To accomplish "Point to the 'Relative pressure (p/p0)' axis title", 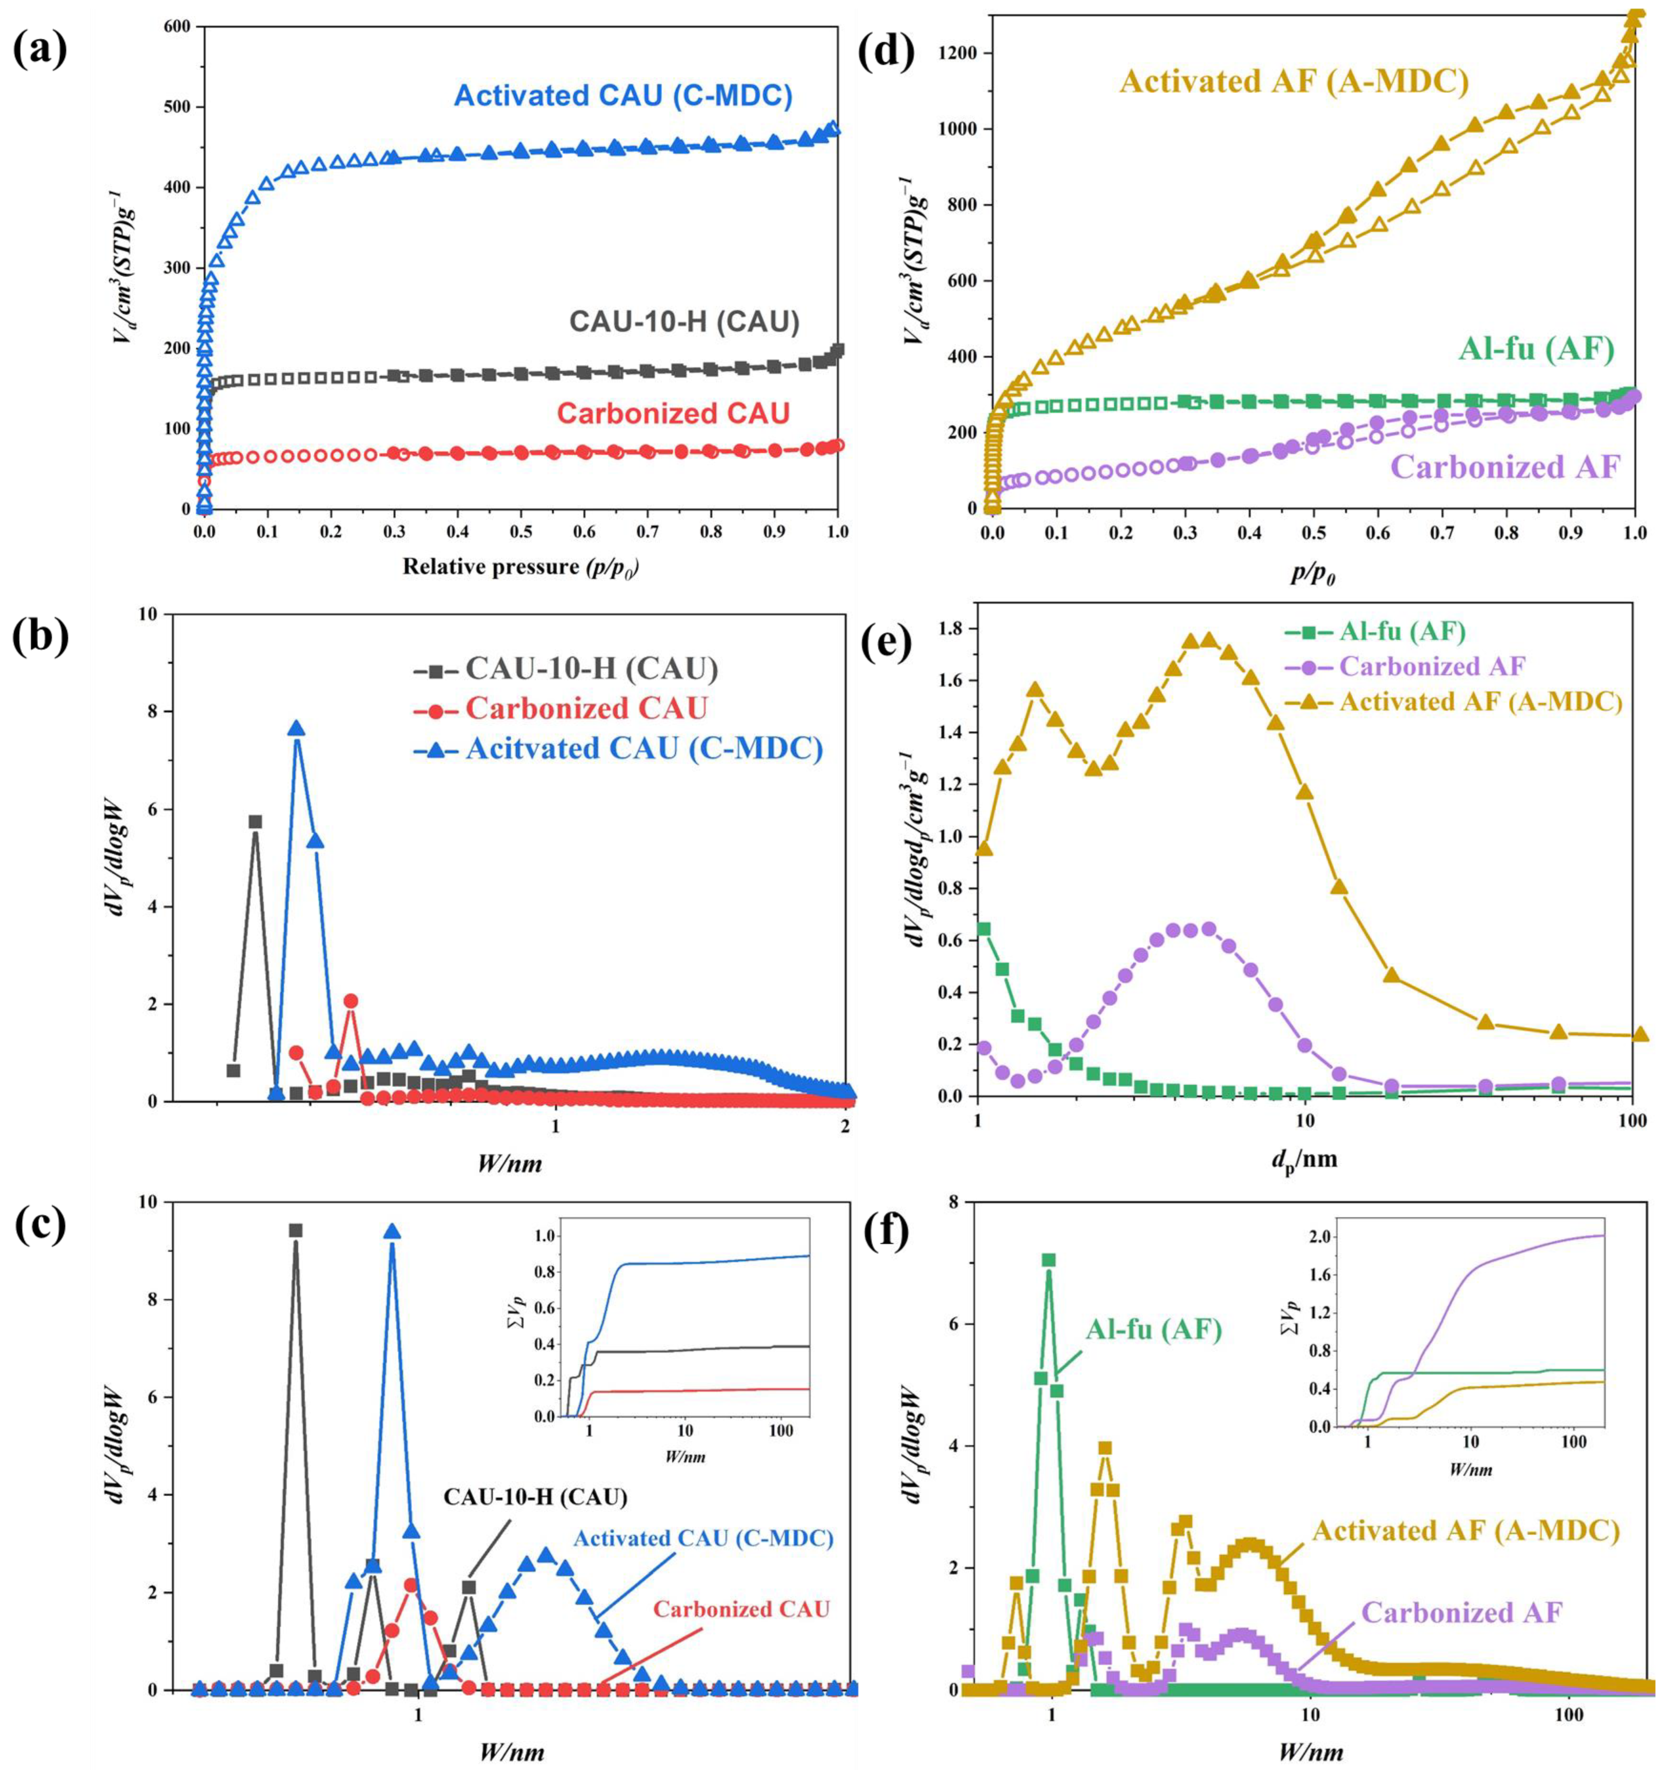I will pyautogui.click(x=521, y=566).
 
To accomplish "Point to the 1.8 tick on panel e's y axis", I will pyautogui.click(x=958, y=629).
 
